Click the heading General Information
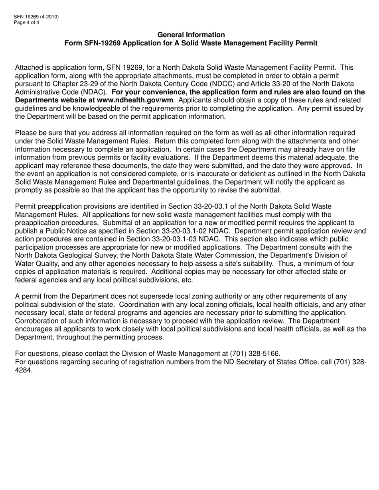191,35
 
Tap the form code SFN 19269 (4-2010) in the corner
36,17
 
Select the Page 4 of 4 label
27,22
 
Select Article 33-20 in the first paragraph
277,84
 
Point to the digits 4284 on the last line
23,369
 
